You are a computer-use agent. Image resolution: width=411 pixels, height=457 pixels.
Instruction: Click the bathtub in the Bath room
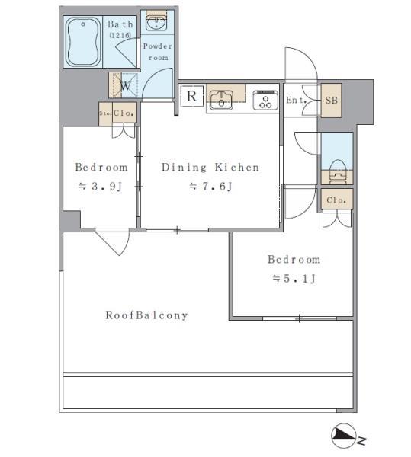84,43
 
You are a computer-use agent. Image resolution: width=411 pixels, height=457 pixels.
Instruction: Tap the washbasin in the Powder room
156,23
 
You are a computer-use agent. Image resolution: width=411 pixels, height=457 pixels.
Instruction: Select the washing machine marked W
124,85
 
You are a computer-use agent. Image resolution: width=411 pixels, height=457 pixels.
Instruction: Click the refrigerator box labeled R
191,96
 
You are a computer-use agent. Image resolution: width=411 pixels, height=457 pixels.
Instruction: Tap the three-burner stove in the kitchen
266,100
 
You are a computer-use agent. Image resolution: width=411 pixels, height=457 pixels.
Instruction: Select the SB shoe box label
331,101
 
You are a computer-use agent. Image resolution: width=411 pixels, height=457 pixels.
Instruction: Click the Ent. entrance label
296,101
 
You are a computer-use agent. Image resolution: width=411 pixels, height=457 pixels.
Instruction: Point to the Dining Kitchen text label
210,168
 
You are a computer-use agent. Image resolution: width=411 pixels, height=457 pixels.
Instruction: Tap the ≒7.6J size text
210,187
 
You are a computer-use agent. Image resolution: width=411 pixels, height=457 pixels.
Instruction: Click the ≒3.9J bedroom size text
101,187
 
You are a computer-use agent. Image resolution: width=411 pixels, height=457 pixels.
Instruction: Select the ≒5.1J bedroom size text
294,279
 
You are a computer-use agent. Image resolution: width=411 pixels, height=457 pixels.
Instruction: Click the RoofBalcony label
146,315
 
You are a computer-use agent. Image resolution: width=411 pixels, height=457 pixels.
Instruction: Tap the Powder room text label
158,52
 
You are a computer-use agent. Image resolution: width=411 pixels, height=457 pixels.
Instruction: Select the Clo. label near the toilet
336,200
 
